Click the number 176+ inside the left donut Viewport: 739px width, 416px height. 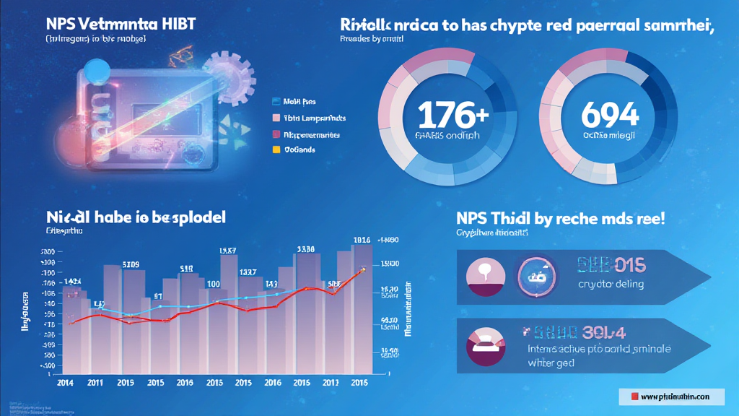452,115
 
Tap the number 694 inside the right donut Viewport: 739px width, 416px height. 610,114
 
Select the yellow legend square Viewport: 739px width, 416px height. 275,150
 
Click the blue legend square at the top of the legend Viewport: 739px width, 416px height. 275,103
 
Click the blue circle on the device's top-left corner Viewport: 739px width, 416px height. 95,71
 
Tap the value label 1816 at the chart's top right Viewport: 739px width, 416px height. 362,240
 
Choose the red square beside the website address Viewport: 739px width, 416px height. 634,396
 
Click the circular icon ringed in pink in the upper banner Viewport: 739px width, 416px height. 536,275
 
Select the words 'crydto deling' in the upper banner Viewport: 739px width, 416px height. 611,284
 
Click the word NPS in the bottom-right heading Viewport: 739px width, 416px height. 473,218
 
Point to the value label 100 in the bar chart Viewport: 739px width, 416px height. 214,284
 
